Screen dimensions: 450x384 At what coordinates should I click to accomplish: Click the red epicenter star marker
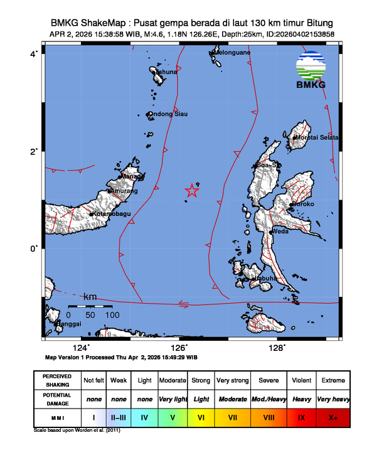tap(192, 190)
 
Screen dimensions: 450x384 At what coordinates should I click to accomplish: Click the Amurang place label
tap(122, 191)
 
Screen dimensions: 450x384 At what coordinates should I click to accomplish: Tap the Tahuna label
tap(166, 72)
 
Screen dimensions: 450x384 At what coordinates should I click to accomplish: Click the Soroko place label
tap(302, 205)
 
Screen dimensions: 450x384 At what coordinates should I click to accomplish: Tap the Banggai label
tap(69, 324)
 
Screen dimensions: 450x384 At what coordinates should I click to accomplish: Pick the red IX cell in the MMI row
tap(301, 415)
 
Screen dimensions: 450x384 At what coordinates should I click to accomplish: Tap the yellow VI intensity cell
tap(201, 415)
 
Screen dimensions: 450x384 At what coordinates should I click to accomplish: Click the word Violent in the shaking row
tap(301, 380)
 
